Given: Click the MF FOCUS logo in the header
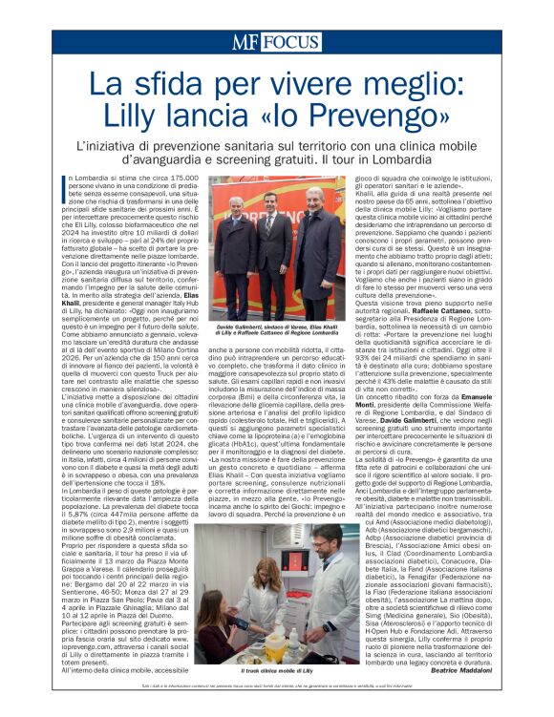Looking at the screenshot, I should coord(276,43).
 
